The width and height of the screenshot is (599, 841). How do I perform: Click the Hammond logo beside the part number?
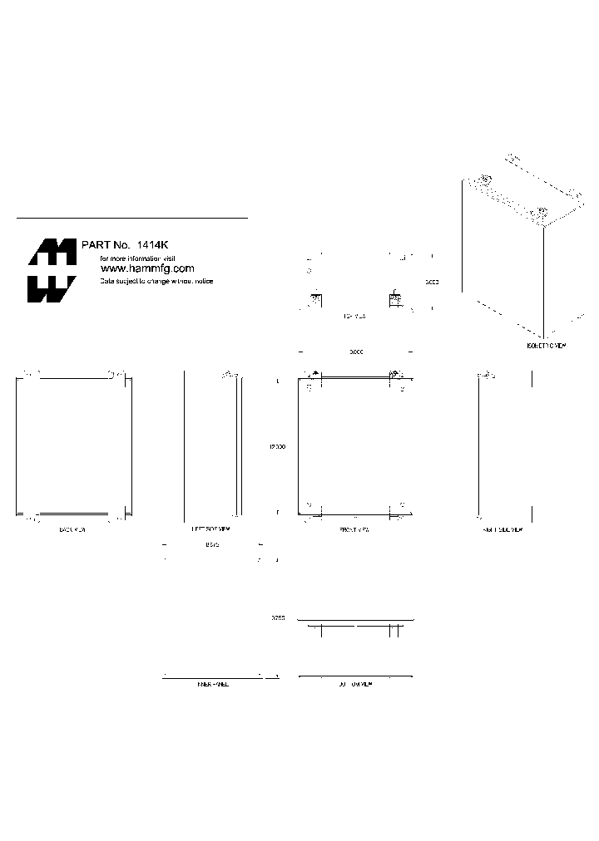52,270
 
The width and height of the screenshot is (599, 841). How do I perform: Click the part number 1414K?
153,245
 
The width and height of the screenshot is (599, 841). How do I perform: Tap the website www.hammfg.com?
146,268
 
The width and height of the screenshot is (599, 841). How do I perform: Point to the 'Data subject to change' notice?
156,282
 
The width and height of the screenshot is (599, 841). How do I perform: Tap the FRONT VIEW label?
355,529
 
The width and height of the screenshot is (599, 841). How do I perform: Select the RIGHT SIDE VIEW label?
503,529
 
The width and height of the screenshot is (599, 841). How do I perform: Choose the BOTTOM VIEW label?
355,683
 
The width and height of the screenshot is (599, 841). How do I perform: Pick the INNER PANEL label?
212,683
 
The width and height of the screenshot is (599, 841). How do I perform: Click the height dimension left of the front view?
277,447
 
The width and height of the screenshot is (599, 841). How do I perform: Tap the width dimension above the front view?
356,352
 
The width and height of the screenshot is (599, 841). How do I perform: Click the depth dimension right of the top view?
432,283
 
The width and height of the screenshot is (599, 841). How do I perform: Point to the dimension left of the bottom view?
278,619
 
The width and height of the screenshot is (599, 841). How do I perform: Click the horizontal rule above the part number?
132,219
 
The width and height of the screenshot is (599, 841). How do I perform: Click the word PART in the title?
95,245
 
